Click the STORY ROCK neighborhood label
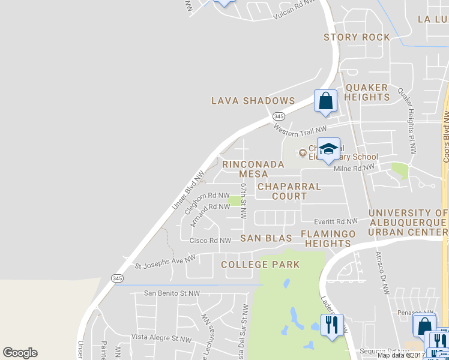(357, 37)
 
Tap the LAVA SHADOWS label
(253, 101)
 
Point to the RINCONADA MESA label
(245, 169)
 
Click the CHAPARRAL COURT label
(289, 191)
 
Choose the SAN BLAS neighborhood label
(266, 238)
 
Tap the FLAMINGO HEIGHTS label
(328, 238)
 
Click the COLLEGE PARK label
(260, 265)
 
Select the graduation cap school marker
(328, 149)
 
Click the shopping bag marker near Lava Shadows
(325, 101)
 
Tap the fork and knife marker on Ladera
(332, 325)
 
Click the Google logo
(20, 353)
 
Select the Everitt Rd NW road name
(339, 221)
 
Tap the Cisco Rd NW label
(210, 241)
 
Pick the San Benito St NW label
(171, 293)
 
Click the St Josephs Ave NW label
(165, 262)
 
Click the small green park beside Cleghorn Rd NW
(235, 200)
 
